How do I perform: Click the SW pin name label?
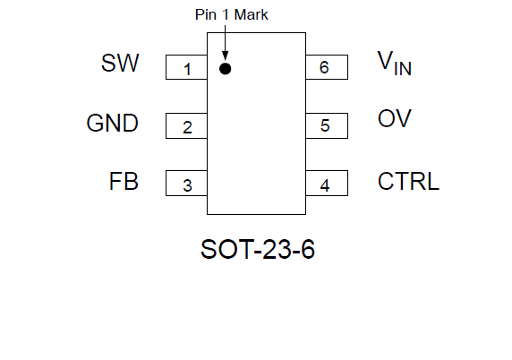pos(120,63)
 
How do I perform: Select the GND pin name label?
pos(112,124)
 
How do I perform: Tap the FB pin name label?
pos(124,181)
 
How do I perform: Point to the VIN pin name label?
pos(394,63)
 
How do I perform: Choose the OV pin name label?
pos(394,118)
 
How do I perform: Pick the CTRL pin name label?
pos(408,181)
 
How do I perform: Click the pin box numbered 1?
pos(186,67)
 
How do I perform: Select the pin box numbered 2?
pos(186,125)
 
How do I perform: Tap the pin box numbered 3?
pos(186,184)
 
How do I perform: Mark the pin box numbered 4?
pos(327,184)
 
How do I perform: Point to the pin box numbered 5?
pos(327,125)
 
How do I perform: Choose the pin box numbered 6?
pos(327,67)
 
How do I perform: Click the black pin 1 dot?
pos(226,69)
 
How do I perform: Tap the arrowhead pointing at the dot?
pos(225,56)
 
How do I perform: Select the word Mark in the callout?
pos(252,14)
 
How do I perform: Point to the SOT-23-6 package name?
pos(258,249)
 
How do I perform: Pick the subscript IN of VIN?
pos(403,69)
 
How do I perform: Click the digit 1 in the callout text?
pos(226,14)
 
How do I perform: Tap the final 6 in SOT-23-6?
pos(308,249)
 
